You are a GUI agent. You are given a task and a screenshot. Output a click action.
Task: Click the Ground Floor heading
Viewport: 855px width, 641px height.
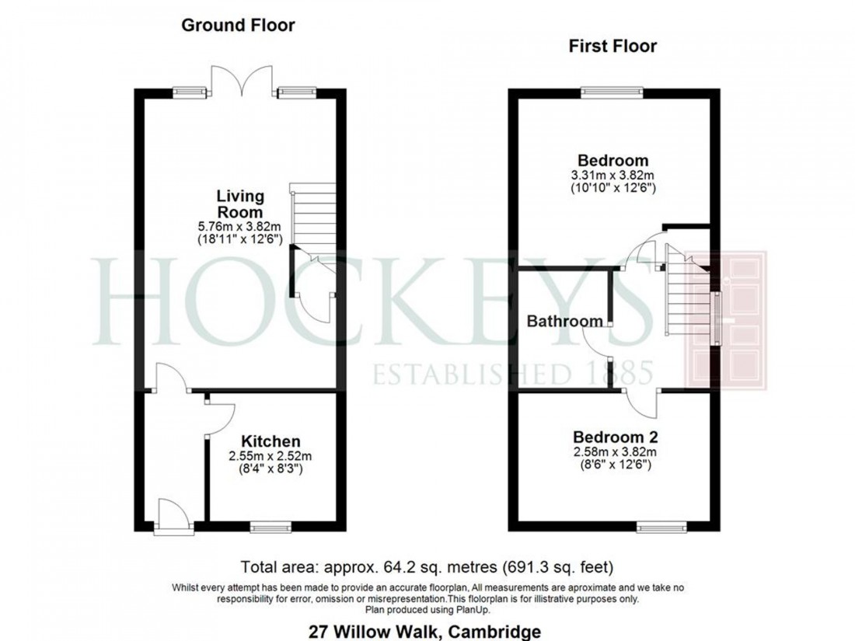238,26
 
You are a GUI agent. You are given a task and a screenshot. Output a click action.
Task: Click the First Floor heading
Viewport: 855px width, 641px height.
612,47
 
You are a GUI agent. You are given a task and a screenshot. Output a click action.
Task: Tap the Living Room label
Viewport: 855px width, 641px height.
239,204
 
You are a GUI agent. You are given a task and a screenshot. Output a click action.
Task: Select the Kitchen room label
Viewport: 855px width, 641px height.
270,441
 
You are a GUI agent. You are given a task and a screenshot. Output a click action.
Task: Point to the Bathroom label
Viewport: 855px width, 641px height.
564,321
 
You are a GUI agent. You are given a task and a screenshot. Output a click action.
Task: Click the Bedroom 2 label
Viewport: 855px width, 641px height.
611,437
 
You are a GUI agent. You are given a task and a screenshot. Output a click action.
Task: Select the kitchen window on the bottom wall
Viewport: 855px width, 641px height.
270,527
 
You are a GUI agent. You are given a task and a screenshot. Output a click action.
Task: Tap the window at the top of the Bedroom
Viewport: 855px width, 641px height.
612,92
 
